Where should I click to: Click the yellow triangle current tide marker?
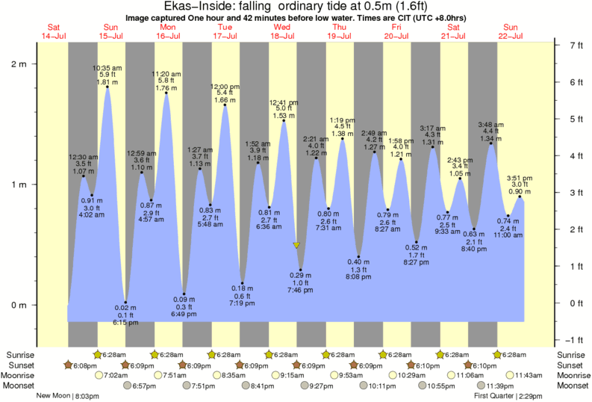click(x=296, y=245)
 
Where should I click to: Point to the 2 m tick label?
click(x=19, y=64)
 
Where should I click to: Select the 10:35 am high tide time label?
click(x=107, y=68)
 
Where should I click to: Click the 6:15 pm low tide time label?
click(x=125, y=323)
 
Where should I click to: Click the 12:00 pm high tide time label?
click(x=224, y=86)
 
